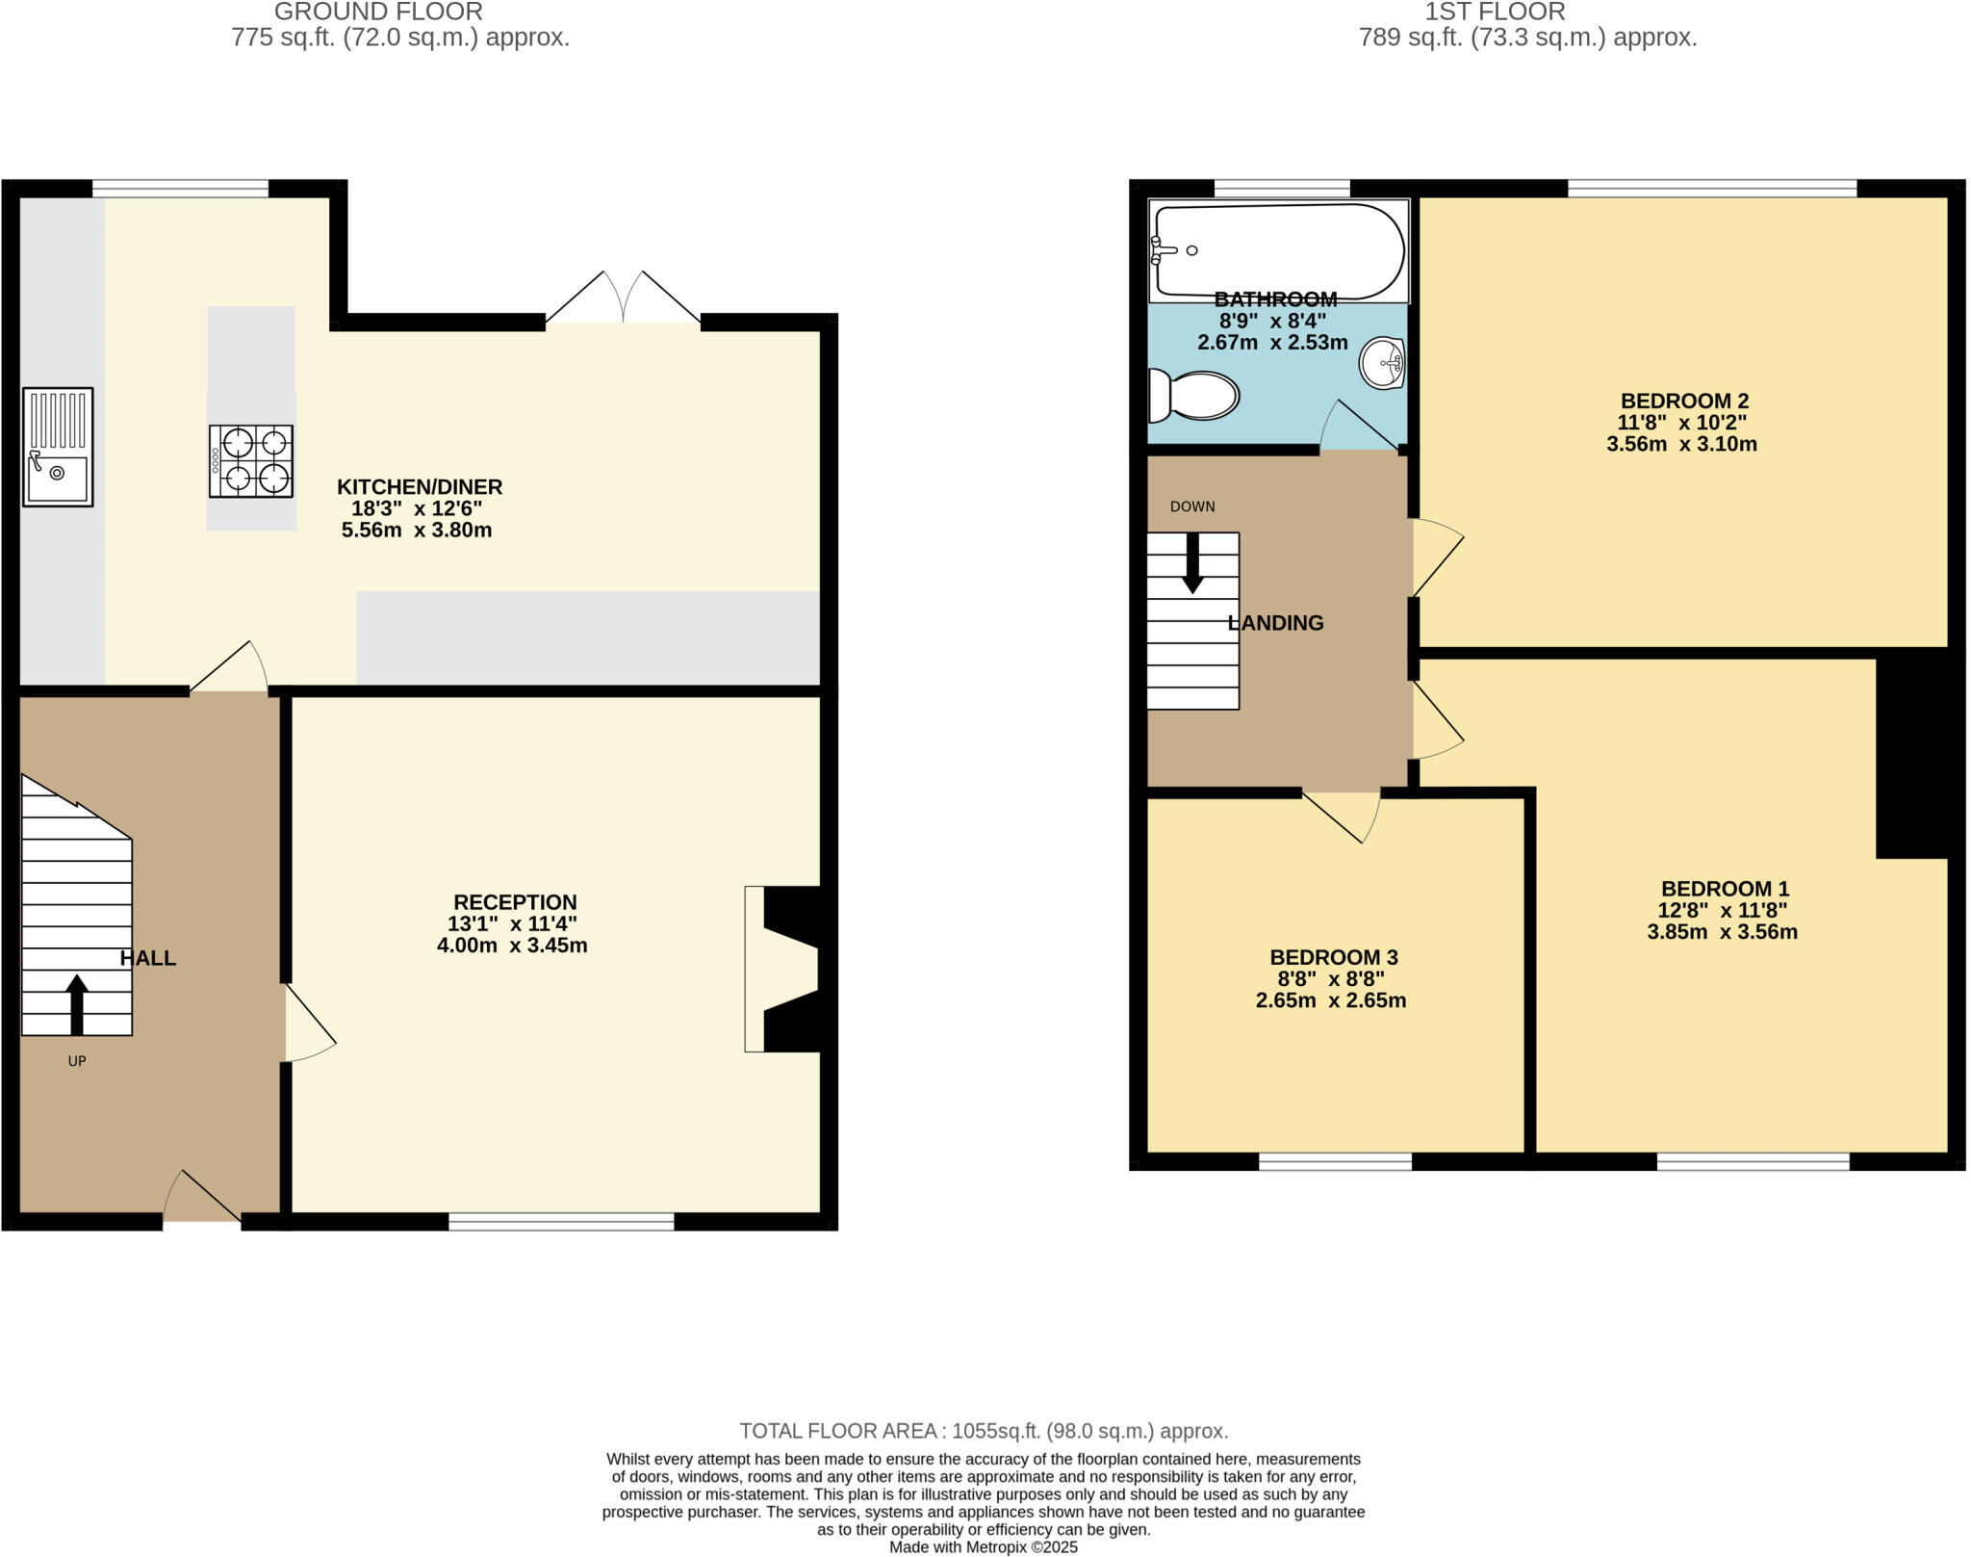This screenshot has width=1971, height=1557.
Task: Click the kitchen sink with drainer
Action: [58, 447]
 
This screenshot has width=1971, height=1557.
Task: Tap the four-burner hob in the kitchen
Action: [251, 461]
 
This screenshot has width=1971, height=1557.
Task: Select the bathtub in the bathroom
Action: [1278, 250]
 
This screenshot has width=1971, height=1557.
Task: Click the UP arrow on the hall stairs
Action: [76, 1004]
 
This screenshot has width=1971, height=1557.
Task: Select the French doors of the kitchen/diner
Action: [624, 298]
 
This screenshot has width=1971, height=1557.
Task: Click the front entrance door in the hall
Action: [201, 1198]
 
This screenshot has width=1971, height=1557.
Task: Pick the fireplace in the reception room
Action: [781, 969]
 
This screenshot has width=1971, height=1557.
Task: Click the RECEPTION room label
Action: [515, 902]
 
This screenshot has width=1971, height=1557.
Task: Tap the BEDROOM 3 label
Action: [1333, 957]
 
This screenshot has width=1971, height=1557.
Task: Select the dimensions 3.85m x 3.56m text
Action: [1722, 932]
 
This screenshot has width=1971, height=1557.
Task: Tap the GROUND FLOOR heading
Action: [378, 13]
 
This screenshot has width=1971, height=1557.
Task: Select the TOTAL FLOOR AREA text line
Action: [984, 1431]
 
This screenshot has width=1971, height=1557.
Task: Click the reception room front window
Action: [561, 1222]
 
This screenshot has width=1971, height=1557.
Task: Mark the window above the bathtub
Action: [1282, 189]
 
